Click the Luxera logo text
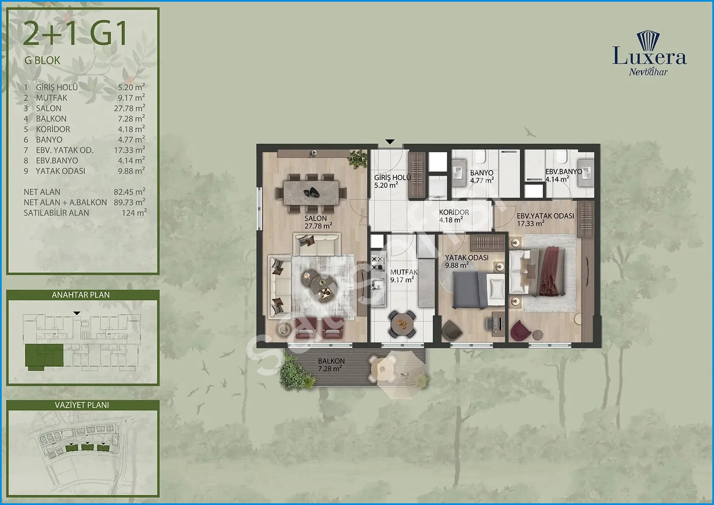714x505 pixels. click(649, 58)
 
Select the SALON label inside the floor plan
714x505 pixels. click(315, 218)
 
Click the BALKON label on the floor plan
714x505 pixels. click(331, 361)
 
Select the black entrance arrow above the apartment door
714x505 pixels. click(390, 142)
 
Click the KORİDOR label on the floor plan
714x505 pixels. click(454, 213)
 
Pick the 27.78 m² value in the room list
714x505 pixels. click(129, 108)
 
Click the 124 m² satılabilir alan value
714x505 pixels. click(134, 213)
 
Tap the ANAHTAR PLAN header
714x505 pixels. click(81, 295)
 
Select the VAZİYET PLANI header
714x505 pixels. click(82, 405)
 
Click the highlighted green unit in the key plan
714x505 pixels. click(44, 356)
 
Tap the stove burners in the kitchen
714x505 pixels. click(378, 264)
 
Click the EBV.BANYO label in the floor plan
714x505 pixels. click(564, 172)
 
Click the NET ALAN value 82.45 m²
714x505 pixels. click(129, 192)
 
